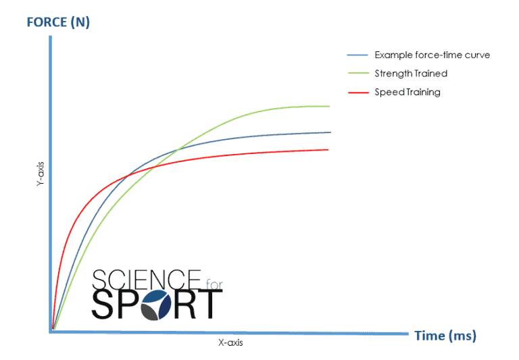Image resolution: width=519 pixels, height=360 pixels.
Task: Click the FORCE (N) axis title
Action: pos(58,22)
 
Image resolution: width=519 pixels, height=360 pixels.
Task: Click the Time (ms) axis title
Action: pos(445,336)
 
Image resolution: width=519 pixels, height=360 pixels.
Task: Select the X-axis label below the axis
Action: pos(230,343)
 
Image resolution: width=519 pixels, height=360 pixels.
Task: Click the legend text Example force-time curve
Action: pos(432,55)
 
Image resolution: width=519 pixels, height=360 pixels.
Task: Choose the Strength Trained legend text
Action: pos(411,73)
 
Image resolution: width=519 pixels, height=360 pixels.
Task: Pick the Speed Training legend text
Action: pos(407,92)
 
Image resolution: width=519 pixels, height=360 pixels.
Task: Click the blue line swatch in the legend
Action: pos(357,55)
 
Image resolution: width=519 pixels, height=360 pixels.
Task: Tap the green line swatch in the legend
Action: pos(357,73)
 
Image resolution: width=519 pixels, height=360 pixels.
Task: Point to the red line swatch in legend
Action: pos(357,92)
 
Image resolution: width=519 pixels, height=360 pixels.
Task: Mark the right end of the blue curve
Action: pos(330,132)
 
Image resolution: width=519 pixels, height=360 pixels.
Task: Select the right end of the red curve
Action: pos(328,149)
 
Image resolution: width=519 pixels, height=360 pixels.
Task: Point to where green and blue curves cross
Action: pos(177,149)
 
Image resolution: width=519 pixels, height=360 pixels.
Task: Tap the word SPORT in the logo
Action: pos(156,304)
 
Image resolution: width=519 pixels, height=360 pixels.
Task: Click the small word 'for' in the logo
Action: pos(211,276)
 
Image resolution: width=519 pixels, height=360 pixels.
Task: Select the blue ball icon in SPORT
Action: pos(166,305)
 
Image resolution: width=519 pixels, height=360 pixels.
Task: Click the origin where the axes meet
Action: pos(52,330)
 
